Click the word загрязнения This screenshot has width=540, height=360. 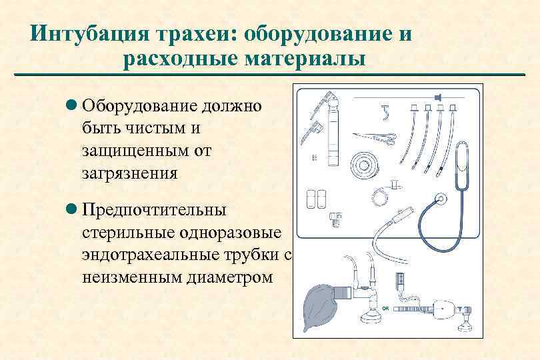129,173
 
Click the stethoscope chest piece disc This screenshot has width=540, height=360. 441,199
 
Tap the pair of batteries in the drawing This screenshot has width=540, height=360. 315,199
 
